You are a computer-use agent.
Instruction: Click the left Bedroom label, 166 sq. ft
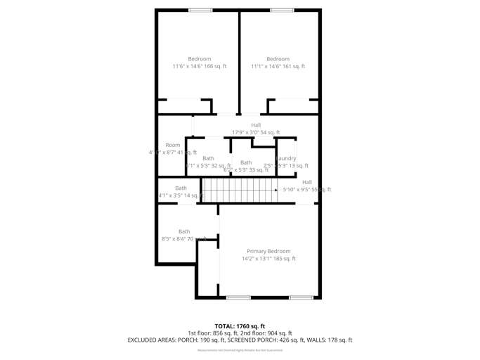(x=199, y=63)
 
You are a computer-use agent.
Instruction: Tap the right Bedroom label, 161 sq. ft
(x=278, y=63)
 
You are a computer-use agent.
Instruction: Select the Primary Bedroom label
(x=268, y=255)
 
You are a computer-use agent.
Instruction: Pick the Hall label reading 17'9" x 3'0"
(x=256, y=129)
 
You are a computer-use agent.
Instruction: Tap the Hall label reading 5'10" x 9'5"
(x=307, y=186)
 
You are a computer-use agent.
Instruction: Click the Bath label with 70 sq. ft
(x=184, y=235)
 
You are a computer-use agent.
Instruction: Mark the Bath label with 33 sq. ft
(x=246, y=166)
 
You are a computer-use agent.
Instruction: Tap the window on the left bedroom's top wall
(x=200, y=10)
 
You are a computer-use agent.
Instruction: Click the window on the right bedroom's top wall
(x=282, y=10)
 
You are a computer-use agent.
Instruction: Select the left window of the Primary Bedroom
(x=238, y=297)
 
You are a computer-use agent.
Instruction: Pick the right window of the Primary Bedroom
(x=301, y=297)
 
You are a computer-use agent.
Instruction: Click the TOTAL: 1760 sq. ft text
(x=240, y=326)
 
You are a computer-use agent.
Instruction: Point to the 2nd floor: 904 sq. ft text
(x=266, y=333)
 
